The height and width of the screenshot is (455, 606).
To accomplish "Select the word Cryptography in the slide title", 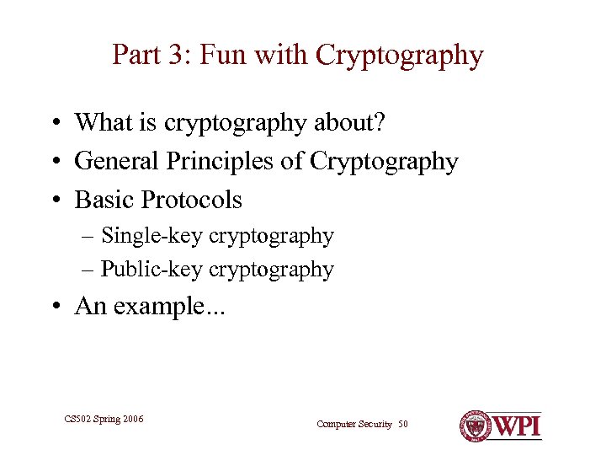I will pyautogui.click(x=400, y=56).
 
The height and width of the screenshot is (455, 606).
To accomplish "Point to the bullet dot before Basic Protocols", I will pyautogui.click(x=53, y=201).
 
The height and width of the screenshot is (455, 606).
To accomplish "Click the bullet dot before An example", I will pyautogui.click(x=53, y=307).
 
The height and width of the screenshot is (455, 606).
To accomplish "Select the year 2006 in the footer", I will pyautogui.click(x=130, y=418).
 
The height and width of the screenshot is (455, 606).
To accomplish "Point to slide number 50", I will pyautogui.click(x=402, y=424).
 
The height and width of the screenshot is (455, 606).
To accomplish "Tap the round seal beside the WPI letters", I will pyautogui.click(x=475, y=426).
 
